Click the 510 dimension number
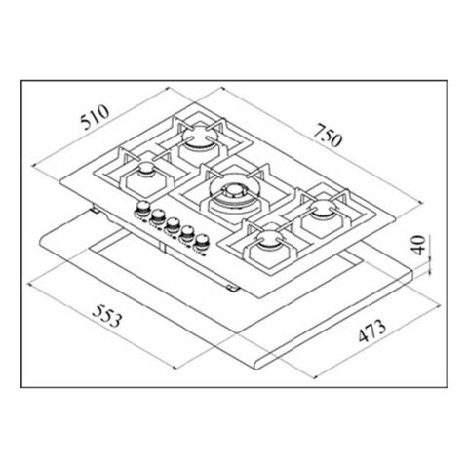point(95,117)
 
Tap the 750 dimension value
point(328,135)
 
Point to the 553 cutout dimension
point(107,315)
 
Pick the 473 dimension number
point(372,331)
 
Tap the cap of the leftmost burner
point(145,170)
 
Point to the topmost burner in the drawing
point(197,136)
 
